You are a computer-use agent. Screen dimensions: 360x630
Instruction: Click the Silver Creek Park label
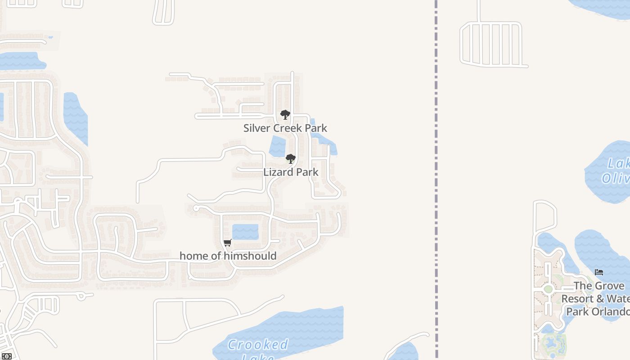pyautogui.click(x=285, y=128)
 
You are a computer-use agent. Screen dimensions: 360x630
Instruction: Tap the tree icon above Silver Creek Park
pyautogui.click(x=285, y=115)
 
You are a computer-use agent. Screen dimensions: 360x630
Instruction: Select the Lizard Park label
pyautogui.click(x=291, y=172)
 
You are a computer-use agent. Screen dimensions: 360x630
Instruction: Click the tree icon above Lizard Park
pyautogui.click(x=291, y=158)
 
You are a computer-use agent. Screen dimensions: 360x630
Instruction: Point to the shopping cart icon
pyautogui.click(x=228, y=243)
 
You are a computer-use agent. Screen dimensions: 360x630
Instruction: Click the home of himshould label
pyautogui.click(x=228, y=256)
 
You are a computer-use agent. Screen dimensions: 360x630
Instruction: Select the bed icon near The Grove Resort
pyautogui.click(x=599, y=272)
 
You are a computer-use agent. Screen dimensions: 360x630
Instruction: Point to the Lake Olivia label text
pyautogui.click(x=616, y=171)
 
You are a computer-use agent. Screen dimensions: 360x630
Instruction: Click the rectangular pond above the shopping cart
pyautogui.click(x=245, y=232)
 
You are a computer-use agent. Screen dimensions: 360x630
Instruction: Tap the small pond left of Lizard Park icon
pyautogui.click(x=277, y=146)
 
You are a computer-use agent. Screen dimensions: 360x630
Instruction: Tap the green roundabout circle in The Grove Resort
pyautogui.click(x=548, y=289)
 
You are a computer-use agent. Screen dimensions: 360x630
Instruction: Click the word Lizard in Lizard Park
pyautogui.click(x=277, y=172)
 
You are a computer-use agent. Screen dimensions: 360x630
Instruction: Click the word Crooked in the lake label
pyautogui.click(x=257, y=345)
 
